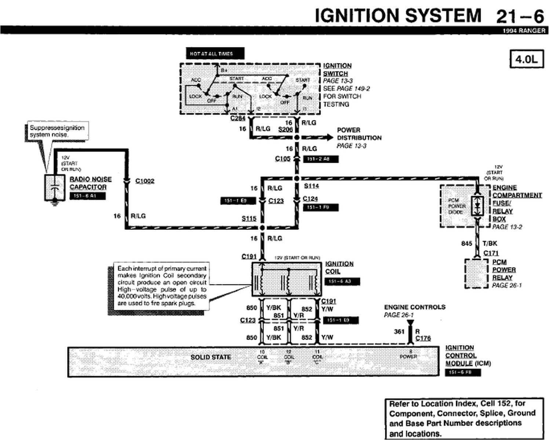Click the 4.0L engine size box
[526, 59]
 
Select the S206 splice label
[285, 129]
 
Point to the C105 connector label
[283, 159]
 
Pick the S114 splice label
[311, 186]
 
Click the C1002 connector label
[145, 181]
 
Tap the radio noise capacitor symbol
[54, 188]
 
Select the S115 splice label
[249, 219]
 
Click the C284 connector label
[238, 118]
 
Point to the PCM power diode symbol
[477, 206]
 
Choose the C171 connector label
[491, 253]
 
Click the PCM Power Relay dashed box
[476, 274]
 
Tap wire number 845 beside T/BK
[466, 243]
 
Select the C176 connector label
[423, 338]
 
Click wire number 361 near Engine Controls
[399, 331]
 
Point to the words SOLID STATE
[211, 357]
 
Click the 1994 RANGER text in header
[524, 31]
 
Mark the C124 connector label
[310, 199]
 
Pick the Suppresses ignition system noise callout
[57, 131]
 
